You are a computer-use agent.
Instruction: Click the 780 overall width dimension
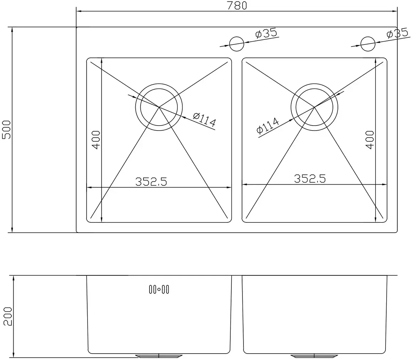point(237,5)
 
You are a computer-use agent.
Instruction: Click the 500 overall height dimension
point(6,130)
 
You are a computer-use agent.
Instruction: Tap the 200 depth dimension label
point(8,316)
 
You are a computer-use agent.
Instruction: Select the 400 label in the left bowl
point(96,140)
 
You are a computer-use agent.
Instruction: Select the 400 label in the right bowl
point(370,140)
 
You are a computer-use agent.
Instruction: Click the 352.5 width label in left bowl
point(151,181)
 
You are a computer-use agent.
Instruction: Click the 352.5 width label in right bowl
point(310,179)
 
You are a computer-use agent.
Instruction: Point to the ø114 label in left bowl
point(205,120)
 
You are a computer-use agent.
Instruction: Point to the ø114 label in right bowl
point(268,126)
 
